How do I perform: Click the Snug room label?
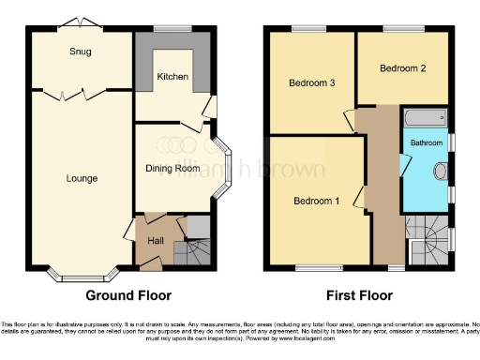(x=80, y=52)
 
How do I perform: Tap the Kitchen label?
(x=172, y=77)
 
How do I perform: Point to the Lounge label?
(x=82, y=178)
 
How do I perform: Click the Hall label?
(x=156, y=240)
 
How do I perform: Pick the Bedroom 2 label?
(x=402, y=68)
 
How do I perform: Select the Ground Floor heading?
(x=128, y=295)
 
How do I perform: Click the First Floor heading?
(x=354, y=295)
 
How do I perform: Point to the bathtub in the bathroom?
(x=425, y=118)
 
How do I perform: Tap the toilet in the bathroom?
(x=441, y=172)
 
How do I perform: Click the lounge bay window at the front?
(x=82, y=276)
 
